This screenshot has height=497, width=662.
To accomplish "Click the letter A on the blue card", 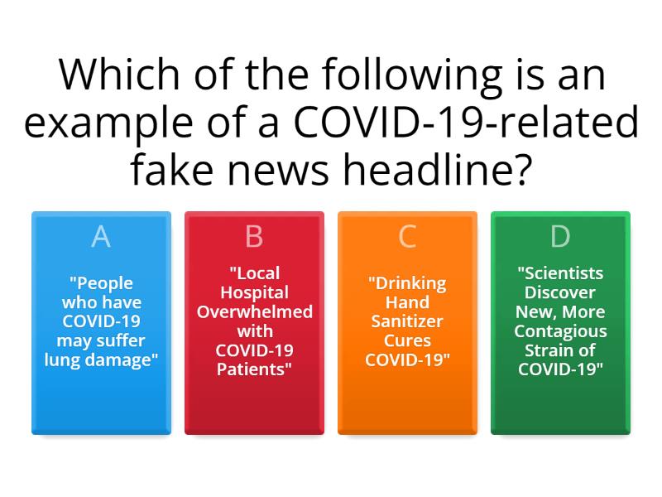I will point(101,236).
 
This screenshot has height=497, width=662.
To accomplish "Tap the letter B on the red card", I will point(254,236).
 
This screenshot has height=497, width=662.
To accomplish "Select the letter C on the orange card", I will point(407,236).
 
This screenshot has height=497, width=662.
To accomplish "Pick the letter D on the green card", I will point(560,236).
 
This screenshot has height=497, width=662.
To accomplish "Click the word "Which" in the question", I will point(111,76).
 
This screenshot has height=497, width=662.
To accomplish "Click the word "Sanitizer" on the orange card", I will point(407,321).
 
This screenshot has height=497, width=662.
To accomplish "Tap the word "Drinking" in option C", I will point(407,283).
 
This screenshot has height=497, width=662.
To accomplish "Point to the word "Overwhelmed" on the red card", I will point(254,311).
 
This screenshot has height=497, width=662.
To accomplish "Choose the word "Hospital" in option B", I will point(254,292).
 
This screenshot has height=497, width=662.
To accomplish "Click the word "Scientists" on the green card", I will point(560,273).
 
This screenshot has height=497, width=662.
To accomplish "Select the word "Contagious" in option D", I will point(560,331).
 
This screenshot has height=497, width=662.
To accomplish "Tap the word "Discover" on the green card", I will point(560,292).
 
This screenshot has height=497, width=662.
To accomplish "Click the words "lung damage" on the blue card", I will point(101,359).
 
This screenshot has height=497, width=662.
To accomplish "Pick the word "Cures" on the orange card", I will point(407,340).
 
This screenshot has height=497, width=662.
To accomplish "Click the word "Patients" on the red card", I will point(254,369).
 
